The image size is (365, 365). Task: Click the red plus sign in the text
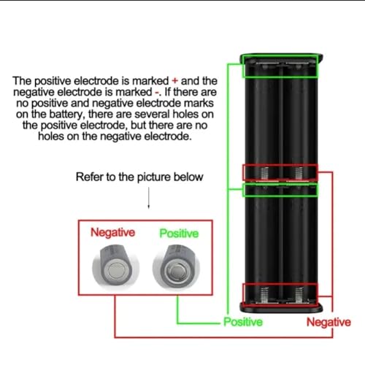[174, 81]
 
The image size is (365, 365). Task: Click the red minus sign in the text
[157, 92]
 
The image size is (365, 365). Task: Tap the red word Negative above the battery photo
[112, 232]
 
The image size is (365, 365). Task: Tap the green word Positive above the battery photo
[179, 234]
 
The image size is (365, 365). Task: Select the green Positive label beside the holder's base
[243, 322]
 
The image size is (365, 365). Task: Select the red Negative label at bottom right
[328, 322]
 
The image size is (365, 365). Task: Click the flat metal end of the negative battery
[117, 271]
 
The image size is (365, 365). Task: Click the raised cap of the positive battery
[176, 271]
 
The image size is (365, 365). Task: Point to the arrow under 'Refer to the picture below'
[149, 198]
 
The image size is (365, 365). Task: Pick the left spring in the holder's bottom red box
[264, 295]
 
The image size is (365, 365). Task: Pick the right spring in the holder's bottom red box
[299, 295]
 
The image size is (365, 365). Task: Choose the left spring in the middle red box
[264, 174]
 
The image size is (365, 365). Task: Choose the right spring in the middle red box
[299, 174]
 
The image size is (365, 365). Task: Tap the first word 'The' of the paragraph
[23, 81]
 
